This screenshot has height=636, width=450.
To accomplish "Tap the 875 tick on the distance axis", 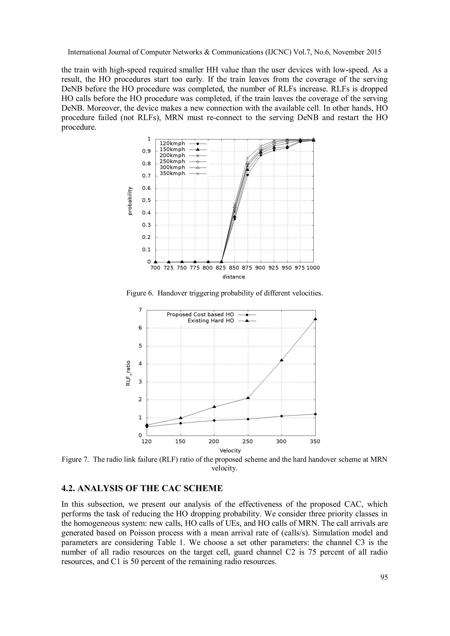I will pos(247,268).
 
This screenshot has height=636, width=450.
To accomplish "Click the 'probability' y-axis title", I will pos(129,201).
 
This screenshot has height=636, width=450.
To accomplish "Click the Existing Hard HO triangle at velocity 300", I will pos(281,360).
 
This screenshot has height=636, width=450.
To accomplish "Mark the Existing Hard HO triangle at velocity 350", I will pos(315,319).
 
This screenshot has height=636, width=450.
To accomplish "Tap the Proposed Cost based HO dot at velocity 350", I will pos(315,414).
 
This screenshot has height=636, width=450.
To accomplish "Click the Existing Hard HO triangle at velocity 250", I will pos(248,398).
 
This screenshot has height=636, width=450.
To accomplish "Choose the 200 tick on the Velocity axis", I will pos(214,441).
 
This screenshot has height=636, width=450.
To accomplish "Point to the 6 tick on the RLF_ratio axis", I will pos(140,328).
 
